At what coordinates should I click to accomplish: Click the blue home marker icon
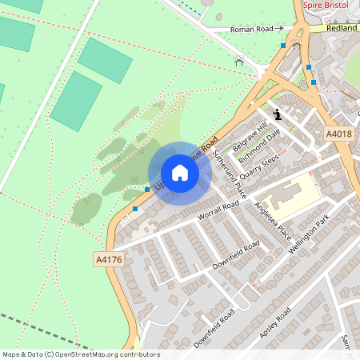click(x=180, y=173)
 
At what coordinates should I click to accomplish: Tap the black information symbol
click(x=277, y=114)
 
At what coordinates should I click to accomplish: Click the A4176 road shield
click(x=108, y=260)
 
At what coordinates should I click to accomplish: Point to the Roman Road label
click(x=252, y=29)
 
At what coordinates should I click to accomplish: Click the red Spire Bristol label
click(x=328, y=5)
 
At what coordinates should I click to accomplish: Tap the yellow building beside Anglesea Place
click(x=284, y=196)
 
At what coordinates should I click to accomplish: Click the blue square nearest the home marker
click(x=147, y=189)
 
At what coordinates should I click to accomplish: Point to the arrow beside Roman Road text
click(x=280, y=29)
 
